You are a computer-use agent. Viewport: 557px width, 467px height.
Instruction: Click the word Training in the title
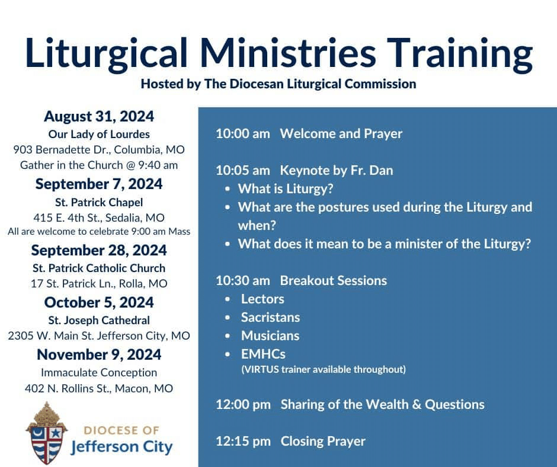coord(460,54)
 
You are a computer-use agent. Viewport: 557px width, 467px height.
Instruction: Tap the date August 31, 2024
coord(99,117)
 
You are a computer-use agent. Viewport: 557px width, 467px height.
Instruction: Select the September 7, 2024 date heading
coord(99,184)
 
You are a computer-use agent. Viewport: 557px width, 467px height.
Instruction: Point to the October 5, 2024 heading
coord(99,302)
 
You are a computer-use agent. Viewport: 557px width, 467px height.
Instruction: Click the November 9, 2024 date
coord(99,354)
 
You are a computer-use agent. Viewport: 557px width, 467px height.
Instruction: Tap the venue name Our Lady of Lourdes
coord(99,135)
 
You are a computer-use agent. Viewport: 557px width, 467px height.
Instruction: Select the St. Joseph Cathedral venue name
coord(99,320)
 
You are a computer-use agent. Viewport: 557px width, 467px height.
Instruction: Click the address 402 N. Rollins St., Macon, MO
coord(99,388)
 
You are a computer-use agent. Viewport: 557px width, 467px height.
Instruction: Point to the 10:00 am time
coord(243,134)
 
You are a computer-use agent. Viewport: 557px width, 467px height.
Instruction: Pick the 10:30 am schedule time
coord(243,281)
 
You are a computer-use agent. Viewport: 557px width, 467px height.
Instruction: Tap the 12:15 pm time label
coord(244,442)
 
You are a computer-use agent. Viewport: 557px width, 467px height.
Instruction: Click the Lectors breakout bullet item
coord(263,299)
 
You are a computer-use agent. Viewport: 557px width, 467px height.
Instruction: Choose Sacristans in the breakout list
coord(270,318)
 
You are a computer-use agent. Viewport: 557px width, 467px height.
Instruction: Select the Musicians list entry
coord(270,336)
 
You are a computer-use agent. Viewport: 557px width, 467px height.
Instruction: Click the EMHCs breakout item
coord(263,354)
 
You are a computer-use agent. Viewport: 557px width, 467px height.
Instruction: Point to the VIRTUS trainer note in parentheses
coord(324,370)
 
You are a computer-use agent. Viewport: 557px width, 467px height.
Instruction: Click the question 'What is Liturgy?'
coord(286,189)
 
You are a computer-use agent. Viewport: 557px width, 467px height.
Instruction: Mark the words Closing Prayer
coord(323,442)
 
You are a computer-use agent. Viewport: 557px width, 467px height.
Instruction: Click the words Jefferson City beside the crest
coord(121,447)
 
